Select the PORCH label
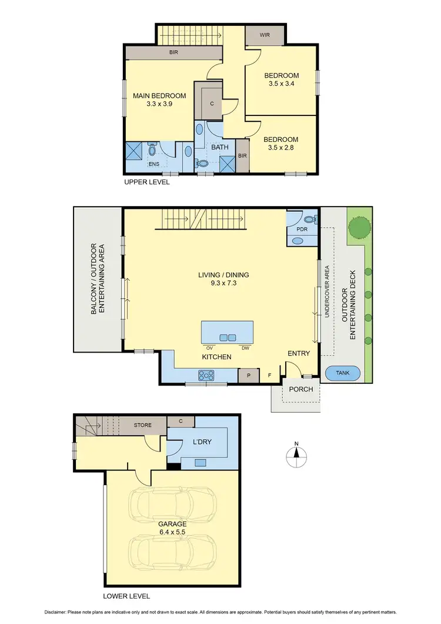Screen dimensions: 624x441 click(x=300, y=389)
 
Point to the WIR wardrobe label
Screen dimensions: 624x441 click(x=266, y=35)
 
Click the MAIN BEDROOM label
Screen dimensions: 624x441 click(x=159, y=96)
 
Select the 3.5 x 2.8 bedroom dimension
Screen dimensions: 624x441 click(x=281, y=149)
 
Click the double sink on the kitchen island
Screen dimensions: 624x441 click(x=228, y=337)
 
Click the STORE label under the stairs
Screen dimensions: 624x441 click(x=143, y=425)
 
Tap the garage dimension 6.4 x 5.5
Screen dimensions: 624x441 click(x=172, y=533)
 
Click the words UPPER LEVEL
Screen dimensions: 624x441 click(x=146, y=182)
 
